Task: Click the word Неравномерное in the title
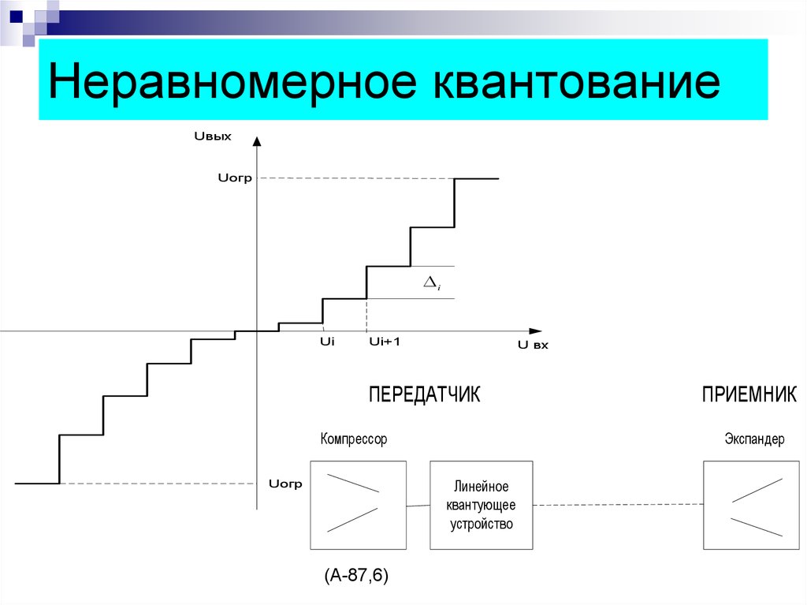pyautogui.click(x=232, y=81)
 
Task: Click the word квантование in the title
pyautogui.click(x=576, y=81)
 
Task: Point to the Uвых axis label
pyautogui.click(x=213, y=136)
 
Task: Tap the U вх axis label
pyautogui.click(x=533, y=345)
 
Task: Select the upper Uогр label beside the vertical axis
pyautogui.click(x=235, y=178)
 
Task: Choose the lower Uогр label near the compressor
pyautogui.click(x=285, y=484)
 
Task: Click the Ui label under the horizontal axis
pyautogui.click(x=327, y=342)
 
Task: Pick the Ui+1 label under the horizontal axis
pyautogui.click(x=385, y=342)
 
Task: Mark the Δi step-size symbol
pyautogui.click(x=432, y=283)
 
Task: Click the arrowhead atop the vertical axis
pyautogui.click(x=258, y=140)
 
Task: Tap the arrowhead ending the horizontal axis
pyautogui.click(x=536, y=331)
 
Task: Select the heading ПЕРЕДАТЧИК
pyautogui.click(x=425, y=394)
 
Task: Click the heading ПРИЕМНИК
pyautogui.click(x=749, y=394)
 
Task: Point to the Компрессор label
pyautogui.click(x=354, y=439)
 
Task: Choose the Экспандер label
pyautogui.click(x=754, y=439)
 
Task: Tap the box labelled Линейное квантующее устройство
pyautogui.click(x=482, y=505)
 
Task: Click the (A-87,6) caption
pyautogui.click(x=356, y=575)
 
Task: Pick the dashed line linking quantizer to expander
pyautogui.click(x=618, y=505)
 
